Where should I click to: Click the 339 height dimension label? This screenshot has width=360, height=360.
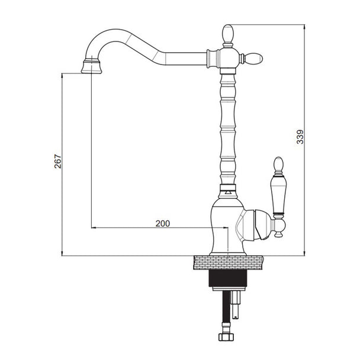[x=300, y=137]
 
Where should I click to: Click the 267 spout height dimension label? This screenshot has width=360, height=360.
[x=58, y=162]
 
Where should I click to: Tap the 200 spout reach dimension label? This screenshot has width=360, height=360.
[x=163, y=223]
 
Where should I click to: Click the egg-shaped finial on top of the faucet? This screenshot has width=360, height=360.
[x=228, y=33]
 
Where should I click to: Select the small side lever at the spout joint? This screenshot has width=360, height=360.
[x=253, y=58]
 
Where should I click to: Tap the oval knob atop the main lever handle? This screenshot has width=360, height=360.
[x=279, y=165]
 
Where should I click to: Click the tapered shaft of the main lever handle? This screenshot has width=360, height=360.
[x=279, y=195]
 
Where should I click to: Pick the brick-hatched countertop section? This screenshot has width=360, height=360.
[x=228, y=262]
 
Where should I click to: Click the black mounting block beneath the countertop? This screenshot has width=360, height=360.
[x=228, y=278]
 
